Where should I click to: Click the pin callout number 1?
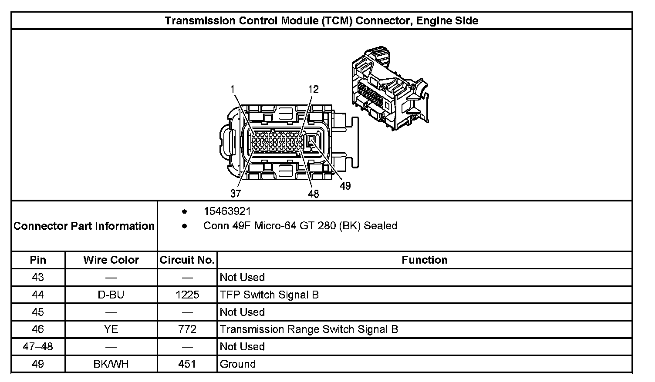tap(233, 89)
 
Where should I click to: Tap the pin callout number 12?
tap(314, 89)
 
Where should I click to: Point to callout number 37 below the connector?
tap(236, 193)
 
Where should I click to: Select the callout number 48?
tap(314, 194)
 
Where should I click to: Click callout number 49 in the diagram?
tap(345, 186)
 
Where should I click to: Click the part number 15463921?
tap(227, 211)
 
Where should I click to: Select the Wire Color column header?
tap(111, 260)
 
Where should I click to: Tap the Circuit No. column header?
tap(187, 260)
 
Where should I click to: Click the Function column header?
tap(425, 260)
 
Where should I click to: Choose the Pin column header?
tap(38, 260)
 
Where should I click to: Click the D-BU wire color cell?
tap(111, 295)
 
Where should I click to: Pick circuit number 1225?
tap(187, 295)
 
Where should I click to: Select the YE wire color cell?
tap(111, 329)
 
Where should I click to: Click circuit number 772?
tap(187, 329)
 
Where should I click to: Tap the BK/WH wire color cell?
tap(111, 364)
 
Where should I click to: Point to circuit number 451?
tap(187, 364)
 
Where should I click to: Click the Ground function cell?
tap(238, 364)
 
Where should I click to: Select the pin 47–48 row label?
tap(38, 347)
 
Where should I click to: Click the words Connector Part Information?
tap(84, 226)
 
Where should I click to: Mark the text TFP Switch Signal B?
tap(269, 295)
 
